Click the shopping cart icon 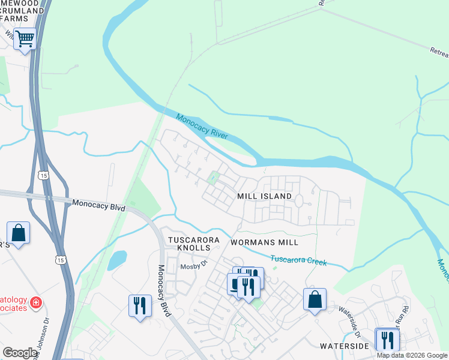point(25,39)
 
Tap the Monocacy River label point(202,125)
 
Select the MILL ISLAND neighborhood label point(264,196)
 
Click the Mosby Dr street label point(194,263)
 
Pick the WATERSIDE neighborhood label point(344,346)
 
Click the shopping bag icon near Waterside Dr point(315,298)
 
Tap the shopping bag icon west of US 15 point(18,232)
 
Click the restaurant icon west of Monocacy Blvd point(139,305)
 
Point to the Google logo point(20,353)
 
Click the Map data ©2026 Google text point(412,355)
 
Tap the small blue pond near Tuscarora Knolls point(117,260)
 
